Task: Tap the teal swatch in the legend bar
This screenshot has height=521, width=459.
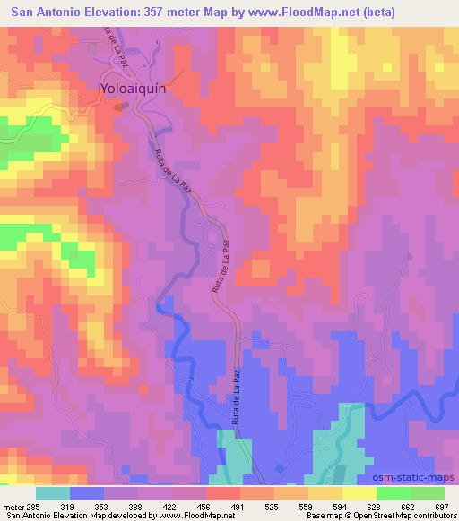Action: point(53,492)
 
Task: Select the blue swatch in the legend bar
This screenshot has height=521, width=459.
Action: point(87,492)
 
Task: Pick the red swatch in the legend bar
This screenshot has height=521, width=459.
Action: point(223,492)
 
